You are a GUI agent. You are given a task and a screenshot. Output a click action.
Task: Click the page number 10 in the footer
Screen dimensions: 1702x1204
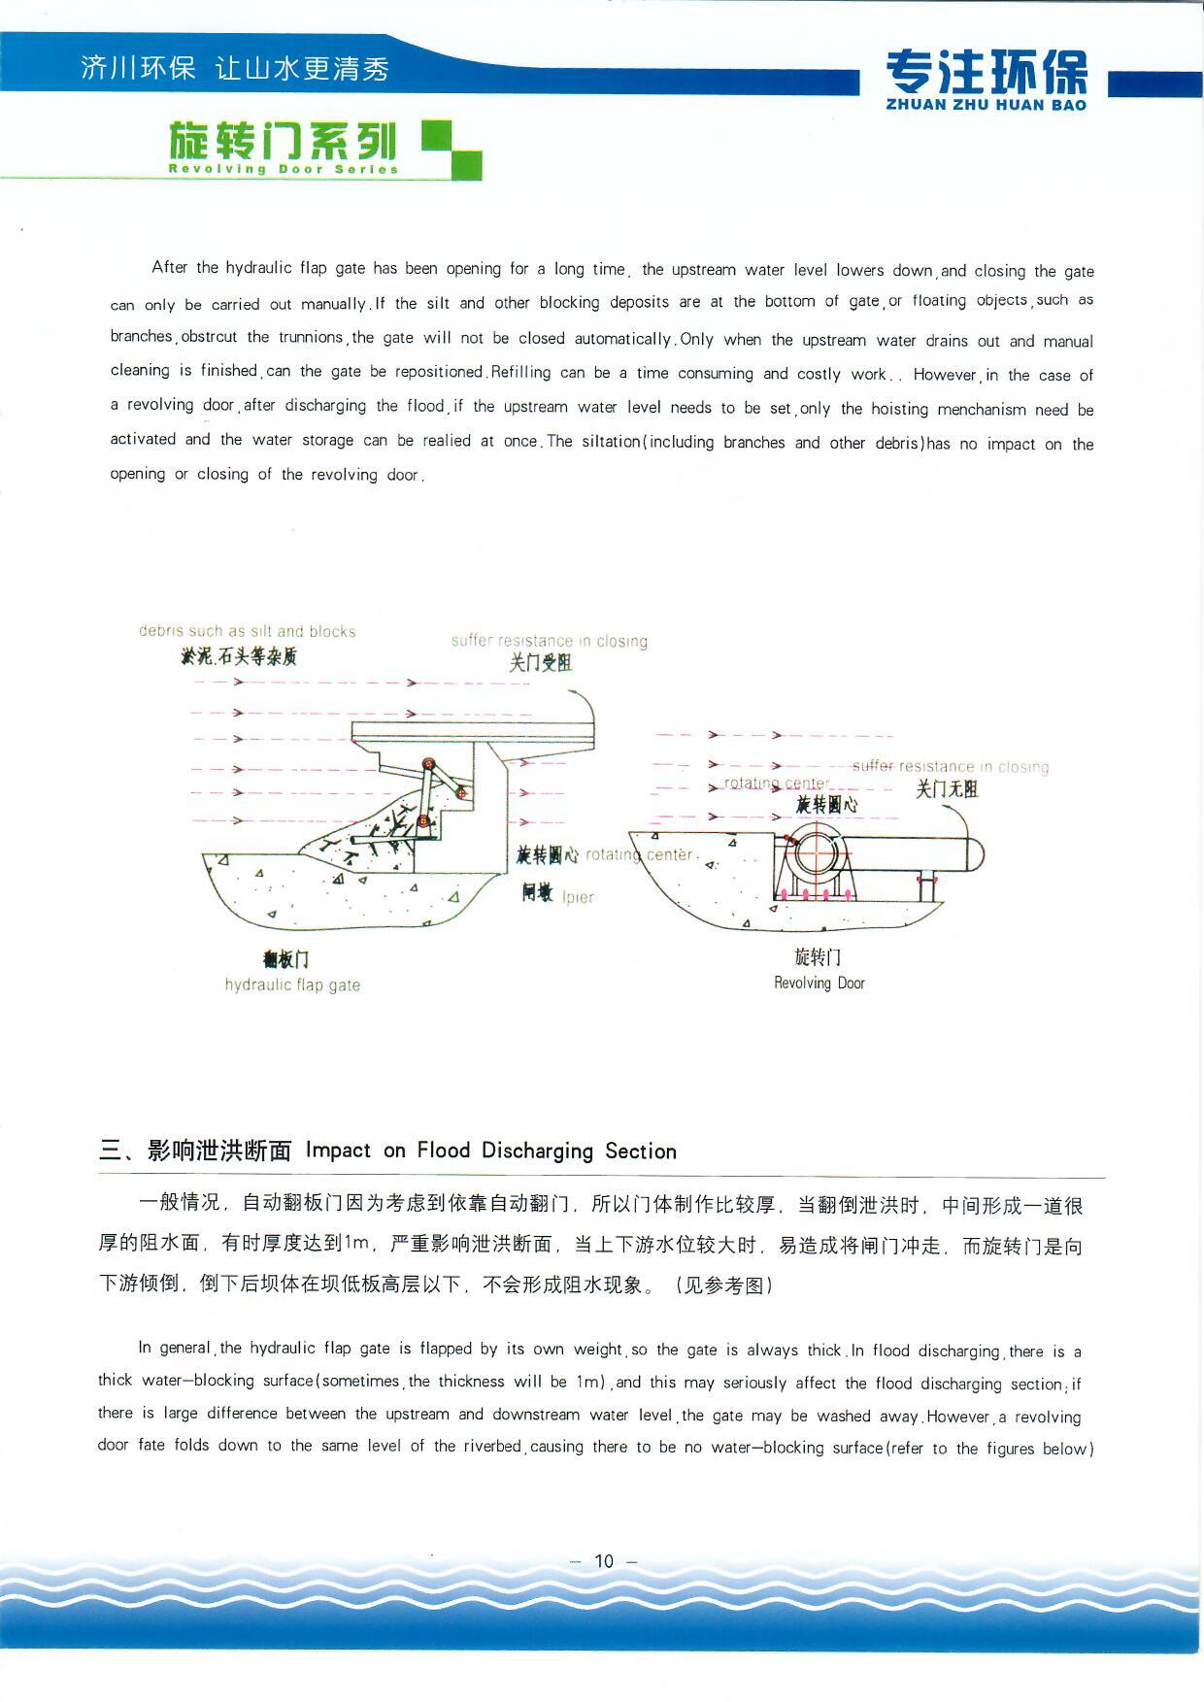[604, 1560]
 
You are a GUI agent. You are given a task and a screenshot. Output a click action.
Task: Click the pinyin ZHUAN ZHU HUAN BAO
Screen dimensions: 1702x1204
[986, 105]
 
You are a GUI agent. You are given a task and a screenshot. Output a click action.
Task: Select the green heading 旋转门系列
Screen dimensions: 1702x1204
[283, 141]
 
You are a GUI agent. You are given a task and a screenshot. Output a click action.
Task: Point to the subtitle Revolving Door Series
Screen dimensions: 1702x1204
[284, 169]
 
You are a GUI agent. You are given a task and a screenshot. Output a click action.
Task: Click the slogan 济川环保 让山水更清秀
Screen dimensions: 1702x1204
[234, 68]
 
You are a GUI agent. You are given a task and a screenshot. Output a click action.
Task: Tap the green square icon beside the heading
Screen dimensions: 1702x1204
[451, 150]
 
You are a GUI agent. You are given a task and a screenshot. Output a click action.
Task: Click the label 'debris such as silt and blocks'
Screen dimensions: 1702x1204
[247, 631]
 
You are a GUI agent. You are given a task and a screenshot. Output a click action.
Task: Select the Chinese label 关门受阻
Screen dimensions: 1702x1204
[541, 662]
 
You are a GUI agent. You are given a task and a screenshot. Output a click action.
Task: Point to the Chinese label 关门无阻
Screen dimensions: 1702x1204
[947, 788]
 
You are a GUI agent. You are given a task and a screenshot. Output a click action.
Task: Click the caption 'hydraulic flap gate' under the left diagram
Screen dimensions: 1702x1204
[292, 984]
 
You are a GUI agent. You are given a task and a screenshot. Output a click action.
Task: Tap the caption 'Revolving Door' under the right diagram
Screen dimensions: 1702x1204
[819, 983]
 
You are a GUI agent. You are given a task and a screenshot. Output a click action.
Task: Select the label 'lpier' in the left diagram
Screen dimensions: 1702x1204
[578, 897]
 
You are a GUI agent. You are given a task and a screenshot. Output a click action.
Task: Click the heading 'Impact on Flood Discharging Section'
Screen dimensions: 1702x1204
[490, 1151]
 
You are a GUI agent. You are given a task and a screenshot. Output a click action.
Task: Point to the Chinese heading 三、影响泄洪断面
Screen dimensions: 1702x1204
[195, 1151]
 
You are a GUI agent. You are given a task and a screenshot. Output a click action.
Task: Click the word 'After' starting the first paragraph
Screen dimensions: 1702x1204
[169, 267]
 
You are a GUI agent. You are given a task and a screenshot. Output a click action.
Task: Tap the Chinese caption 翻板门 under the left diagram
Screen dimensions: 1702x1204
[285, 959]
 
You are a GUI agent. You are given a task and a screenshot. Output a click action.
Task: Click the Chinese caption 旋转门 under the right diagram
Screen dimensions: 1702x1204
[818, 957]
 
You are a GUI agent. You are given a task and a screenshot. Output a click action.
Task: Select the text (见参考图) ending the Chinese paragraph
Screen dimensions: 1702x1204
[724, 1285]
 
